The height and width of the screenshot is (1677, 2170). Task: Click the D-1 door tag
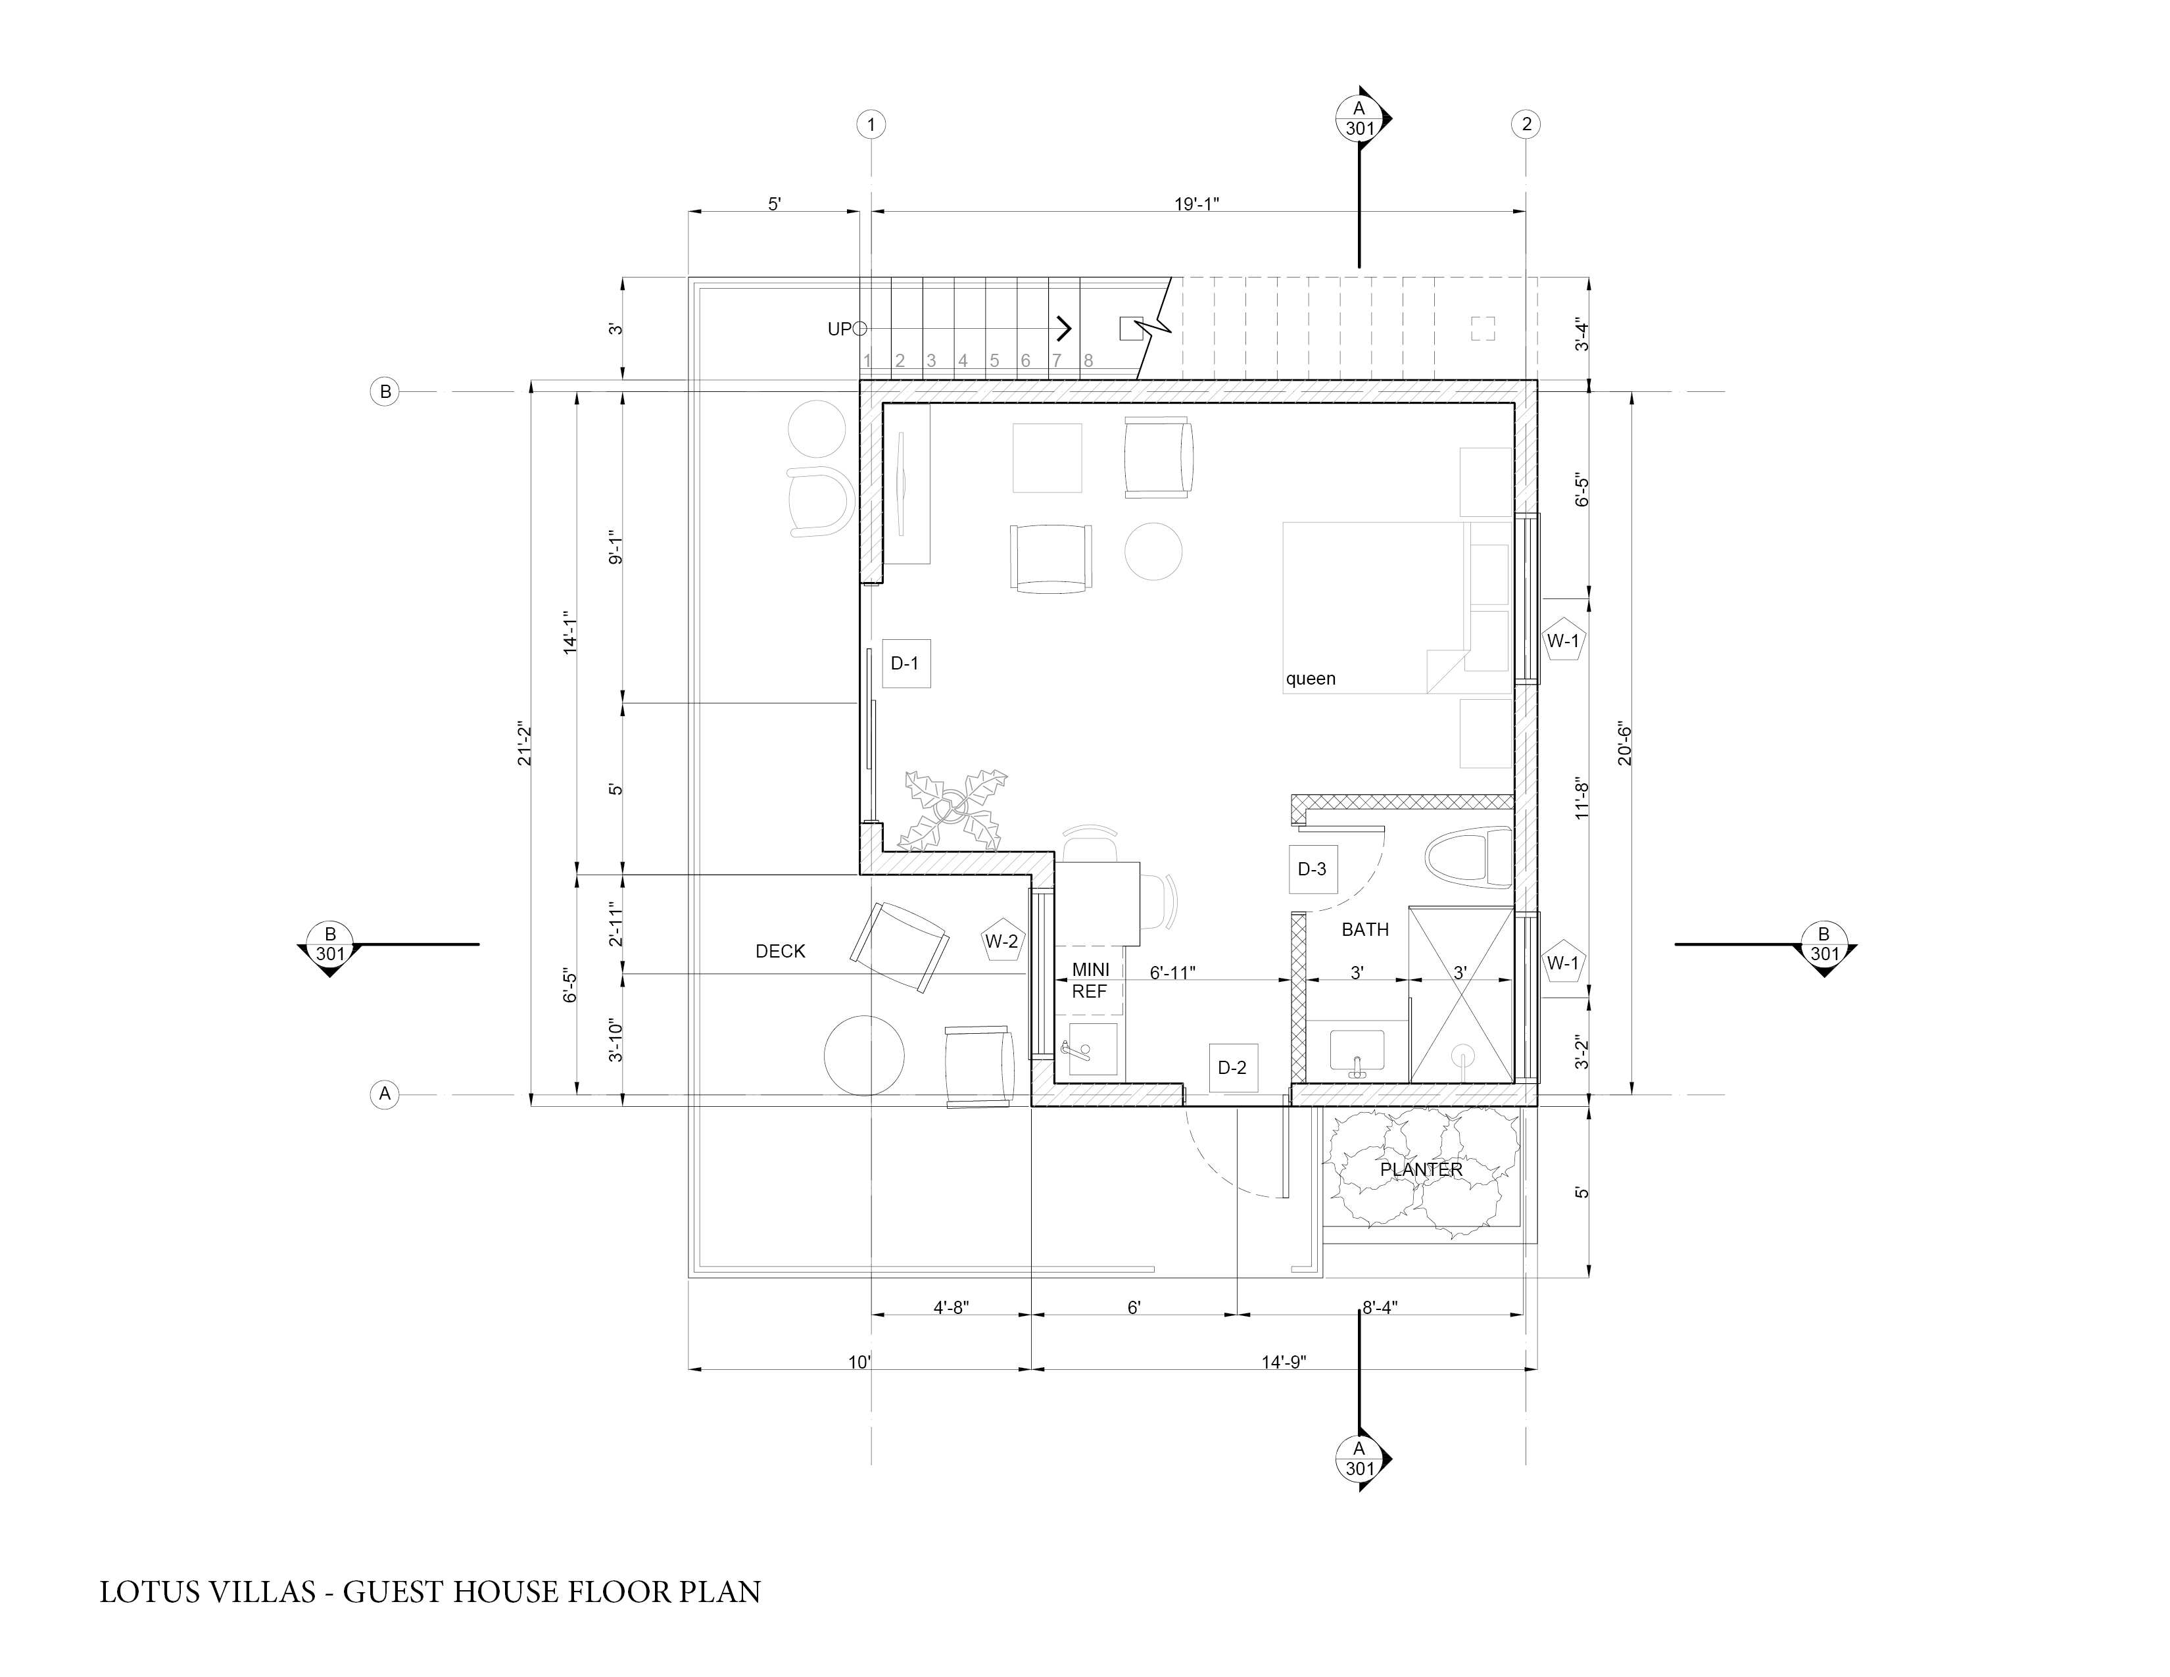tap(904, 664)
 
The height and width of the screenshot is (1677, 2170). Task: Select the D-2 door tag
tap(1232, 1068)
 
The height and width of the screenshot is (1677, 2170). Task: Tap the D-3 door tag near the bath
tap(1312, 869)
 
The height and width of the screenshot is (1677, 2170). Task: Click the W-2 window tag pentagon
tap(1001, 941)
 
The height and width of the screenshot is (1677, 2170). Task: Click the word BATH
tap(1365, 930)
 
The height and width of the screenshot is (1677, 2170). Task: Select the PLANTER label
tap(1421, 1171)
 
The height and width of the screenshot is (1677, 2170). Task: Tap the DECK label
tap(780, 952)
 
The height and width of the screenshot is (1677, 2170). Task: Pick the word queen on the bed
tap(1311, 679)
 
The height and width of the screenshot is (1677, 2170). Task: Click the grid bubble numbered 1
tap(871, 125)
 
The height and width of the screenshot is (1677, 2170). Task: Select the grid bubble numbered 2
tap(1526, 125)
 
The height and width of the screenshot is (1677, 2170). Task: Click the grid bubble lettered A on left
tap(385, 1095)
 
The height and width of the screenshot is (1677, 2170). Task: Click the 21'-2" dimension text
tap(525, 743)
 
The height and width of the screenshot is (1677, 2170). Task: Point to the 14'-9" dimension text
tap(1284, 1362)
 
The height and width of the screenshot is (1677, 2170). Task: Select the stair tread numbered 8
tap(1088, 360)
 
